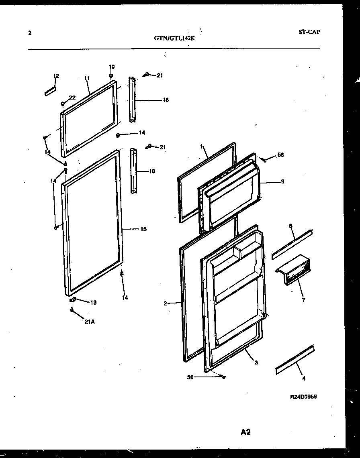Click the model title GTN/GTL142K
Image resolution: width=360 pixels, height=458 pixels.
click(x=174, y=39)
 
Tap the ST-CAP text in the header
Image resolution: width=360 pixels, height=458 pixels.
click(x=309, y=32)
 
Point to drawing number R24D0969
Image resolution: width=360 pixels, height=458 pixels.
click(x=304, y=397)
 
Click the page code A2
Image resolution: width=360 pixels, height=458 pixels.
click(x=246, y=432)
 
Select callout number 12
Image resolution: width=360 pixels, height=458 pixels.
click(x=56, y=76)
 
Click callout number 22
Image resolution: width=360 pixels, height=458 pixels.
click(x=72, y=97)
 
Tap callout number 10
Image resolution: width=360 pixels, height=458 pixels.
click(x=112, y=67)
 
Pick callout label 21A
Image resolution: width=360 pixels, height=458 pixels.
click(x=89, y=320)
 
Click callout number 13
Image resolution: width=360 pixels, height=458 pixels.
click(x=93, y=303)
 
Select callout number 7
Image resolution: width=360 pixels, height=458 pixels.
click(x=304, y=300)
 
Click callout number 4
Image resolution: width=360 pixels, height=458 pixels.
click(x=304, y=378)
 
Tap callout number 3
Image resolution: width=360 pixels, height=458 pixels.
click(x=256, y=363)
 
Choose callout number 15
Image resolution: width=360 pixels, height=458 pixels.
click(x=143, y=229)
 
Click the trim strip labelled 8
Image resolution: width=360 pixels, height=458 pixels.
click(x=292, y=244)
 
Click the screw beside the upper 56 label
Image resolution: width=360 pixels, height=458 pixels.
click(x=265, y=160)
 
